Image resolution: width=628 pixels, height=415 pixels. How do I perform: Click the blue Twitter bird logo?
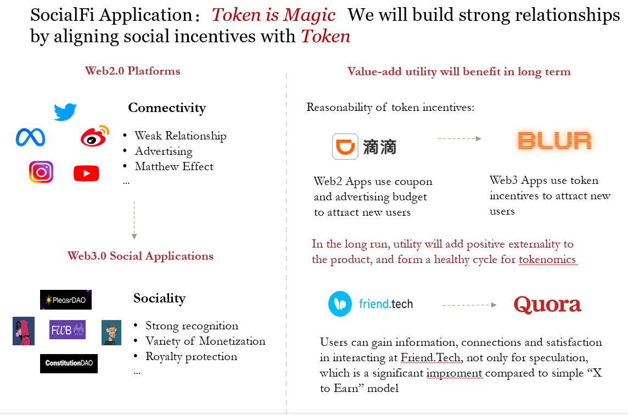65,112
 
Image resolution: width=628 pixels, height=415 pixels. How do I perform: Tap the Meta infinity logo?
30,137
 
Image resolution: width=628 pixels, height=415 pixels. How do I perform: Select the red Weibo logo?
95,136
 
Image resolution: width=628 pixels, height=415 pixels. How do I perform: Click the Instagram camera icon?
41,172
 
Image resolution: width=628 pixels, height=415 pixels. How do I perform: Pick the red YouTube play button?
86,173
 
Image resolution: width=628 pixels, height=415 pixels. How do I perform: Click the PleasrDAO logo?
66,300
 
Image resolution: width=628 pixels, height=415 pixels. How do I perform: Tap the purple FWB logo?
68,330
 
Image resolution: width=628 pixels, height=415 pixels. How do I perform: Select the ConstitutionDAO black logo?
69,363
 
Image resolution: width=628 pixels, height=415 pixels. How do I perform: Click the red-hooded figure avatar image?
24,331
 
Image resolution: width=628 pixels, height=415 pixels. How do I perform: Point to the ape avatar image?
111,333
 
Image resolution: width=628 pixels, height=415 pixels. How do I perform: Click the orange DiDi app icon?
345,147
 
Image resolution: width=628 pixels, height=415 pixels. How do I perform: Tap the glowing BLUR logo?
554,141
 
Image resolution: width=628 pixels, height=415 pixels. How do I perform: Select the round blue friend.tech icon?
340,304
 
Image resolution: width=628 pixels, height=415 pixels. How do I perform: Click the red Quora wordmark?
547,305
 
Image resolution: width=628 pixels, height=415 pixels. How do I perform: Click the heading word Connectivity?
167,108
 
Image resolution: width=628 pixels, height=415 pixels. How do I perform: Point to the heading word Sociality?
159,299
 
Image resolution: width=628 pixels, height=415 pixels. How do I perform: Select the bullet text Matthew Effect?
174,166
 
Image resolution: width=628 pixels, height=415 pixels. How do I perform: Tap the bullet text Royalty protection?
192,356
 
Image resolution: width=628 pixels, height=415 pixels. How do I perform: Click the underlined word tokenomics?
547,260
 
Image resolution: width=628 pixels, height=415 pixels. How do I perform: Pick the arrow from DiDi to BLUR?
459,138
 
